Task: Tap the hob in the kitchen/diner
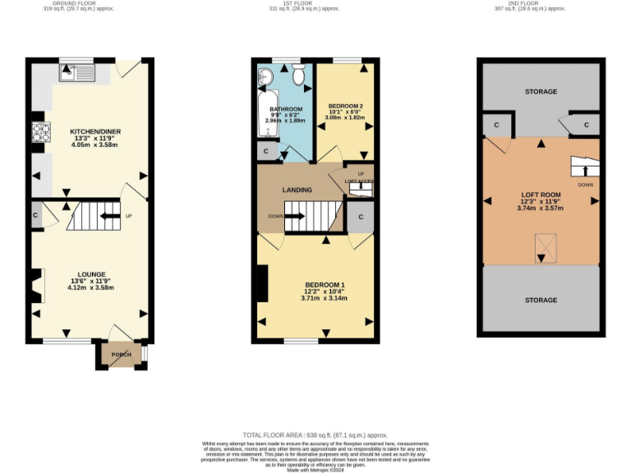point(38,132)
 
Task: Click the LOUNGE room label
point(91,273)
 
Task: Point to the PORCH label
point(121,354)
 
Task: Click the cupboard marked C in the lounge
point(36,216)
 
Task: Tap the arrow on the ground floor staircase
point(108,217)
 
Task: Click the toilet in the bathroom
point(300,77)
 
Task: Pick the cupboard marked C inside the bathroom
point(266,153)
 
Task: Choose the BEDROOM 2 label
point(345,107)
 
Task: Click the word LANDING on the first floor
point(297,190)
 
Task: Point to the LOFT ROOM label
point(540,195)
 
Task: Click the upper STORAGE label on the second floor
point(541,92)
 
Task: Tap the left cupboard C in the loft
point(496,125)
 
